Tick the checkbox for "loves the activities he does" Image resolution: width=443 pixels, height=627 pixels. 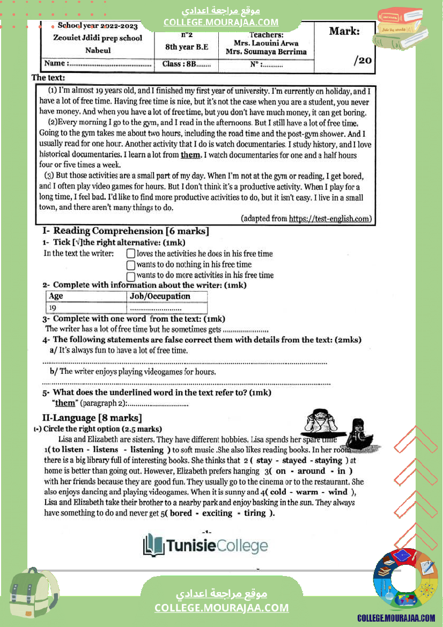pos(130,254)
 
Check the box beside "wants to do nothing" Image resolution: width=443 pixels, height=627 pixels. pos(130,264)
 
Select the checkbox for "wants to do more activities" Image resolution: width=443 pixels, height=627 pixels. pos(130,275)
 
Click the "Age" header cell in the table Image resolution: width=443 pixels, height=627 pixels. pos(56,296)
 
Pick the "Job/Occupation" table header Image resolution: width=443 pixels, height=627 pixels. pos(160,296)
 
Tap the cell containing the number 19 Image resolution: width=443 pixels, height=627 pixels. pos(53,308)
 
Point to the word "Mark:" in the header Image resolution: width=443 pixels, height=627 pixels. pos(344,31)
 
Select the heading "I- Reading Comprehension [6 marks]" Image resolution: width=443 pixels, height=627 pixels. pos(125,231)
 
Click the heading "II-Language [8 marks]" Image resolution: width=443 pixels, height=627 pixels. pos(92,418)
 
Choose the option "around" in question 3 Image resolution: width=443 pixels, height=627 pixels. pos(311,471)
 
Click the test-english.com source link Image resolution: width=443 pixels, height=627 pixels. pos(329,218)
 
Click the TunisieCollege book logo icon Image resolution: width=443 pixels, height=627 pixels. pos(153,546)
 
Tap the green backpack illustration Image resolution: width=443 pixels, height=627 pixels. pos(33,595)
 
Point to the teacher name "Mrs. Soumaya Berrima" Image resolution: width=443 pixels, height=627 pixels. pos(266,52)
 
